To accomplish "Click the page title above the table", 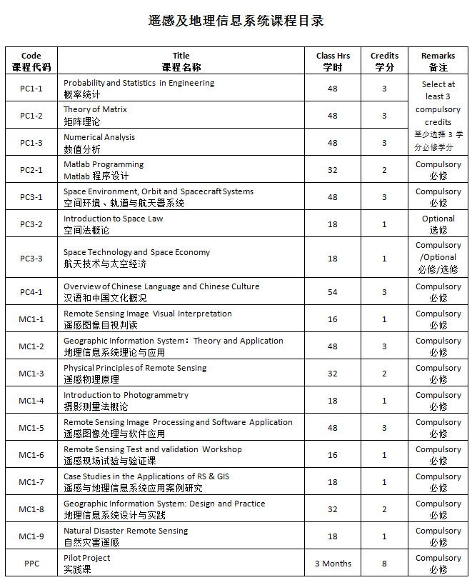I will (236, 21).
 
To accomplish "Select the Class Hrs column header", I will (333, 61).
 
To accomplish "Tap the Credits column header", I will (384, 61).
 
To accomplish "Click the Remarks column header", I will (438, 61).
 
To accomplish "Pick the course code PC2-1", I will (31, 170).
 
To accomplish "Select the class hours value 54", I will (333, 292).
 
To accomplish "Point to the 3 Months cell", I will (333, 564).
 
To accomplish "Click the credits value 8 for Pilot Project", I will (384, 564).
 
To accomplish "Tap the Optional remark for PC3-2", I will (438, 224).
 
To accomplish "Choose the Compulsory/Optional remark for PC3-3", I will (438, 257).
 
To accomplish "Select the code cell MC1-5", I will (31, 428).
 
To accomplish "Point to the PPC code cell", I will (31, 564).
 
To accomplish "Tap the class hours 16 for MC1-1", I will (333, 319).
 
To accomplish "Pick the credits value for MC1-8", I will (384, 509).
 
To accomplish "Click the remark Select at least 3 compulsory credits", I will (438, 115).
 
